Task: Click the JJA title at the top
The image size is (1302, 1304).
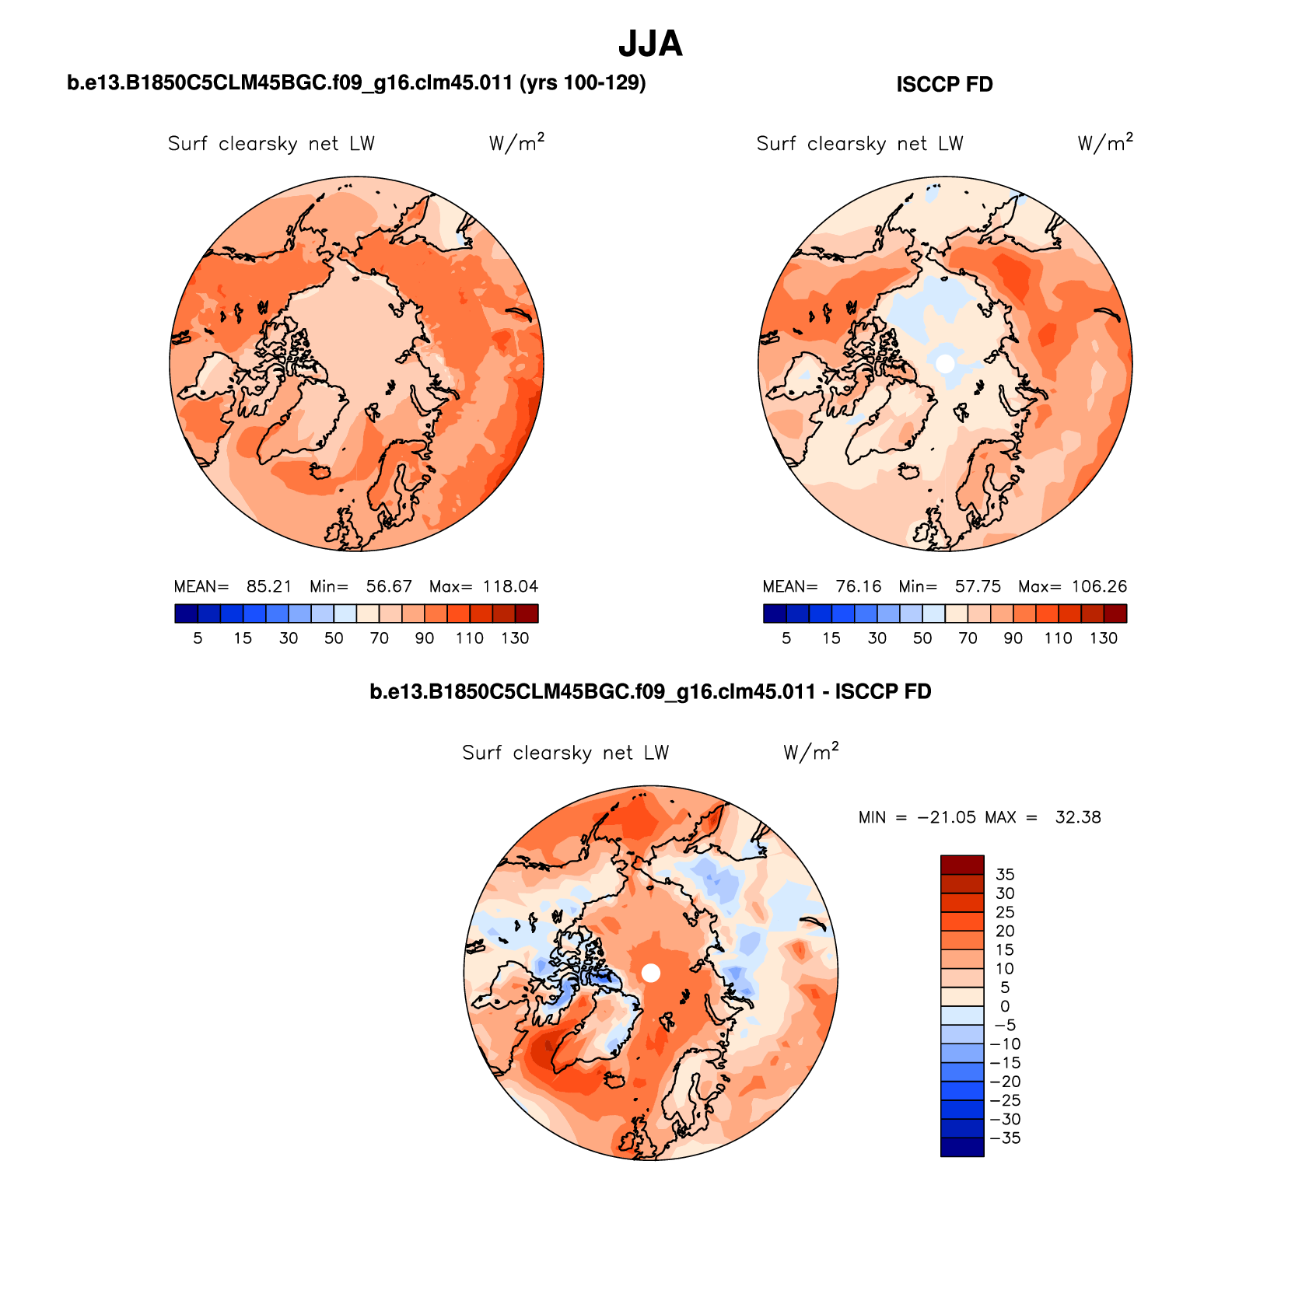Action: (650, 44)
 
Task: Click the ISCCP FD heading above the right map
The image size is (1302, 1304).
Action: (944, 85)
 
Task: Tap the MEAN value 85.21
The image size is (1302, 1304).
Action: (269, 586)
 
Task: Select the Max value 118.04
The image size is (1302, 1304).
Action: (510, 586)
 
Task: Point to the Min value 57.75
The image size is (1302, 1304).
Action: (978, 586)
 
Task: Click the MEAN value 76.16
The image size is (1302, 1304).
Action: (859, 586)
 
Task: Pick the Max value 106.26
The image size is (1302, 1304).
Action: (1099, 586)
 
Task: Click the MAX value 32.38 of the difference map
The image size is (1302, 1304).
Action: (1078, 817)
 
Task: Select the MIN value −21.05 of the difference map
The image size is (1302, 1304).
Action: (947, 817)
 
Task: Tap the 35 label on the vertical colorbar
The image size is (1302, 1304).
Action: (1005, 875)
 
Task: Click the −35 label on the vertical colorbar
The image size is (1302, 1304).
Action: (1005, 1138)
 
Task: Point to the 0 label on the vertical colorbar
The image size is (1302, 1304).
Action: (1005, 1006)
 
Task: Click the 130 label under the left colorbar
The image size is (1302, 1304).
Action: (515, 638)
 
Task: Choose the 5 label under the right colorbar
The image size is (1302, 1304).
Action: (786, 638)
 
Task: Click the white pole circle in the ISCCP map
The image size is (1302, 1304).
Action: (945, 363)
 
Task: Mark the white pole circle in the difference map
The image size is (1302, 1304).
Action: (651, 973)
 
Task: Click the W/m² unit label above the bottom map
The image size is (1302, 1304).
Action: (811, 752)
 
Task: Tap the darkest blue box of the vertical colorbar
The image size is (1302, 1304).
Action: (962, 1147)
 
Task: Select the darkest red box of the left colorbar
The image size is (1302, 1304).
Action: (527, 614)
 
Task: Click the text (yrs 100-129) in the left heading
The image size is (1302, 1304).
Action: (583, 82)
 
